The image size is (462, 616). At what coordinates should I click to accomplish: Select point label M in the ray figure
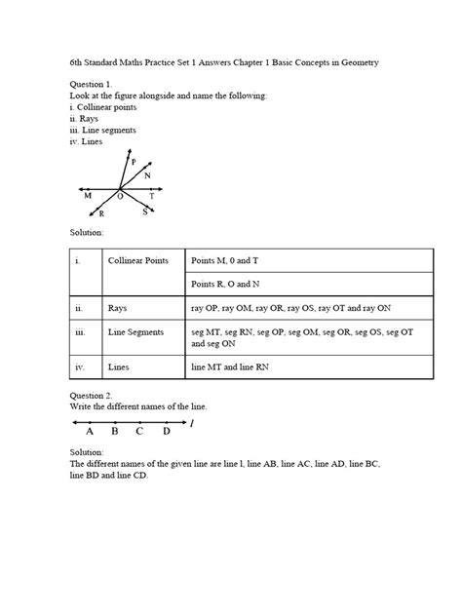click(x=88, y=196)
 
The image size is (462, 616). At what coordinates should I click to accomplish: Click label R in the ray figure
click(x=101, y=212)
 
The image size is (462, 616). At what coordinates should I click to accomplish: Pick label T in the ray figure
click(x=151, y=196)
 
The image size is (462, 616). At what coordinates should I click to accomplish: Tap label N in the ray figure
click(x=147, y=176)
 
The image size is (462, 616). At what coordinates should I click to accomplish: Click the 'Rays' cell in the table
click(x=118, y=307)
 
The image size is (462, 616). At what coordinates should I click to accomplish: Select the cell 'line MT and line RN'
click(x=235, y=368)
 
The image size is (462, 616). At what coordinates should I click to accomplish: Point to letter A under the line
click(x=90, y=431)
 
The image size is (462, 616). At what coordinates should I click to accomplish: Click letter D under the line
click(x=167, y=431)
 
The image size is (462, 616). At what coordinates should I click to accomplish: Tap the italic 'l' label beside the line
click(x=192, y=423)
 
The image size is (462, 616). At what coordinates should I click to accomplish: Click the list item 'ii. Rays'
click(x=88, y=119)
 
